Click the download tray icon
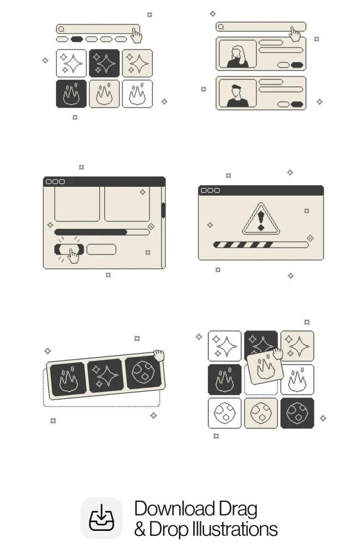101,518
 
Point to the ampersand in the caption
140,530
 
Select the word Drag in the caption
238,510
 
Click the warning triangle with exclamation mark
261,219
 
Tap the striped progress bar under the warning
260,245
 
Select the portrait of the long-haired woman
237,54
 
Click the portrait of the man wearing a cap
237,93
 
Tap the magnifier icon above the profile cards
221,27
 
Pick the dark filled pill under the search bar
76,39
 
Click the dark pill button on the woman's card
297,65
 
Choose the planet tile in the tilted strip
143,372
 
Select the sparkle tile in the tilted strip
105,375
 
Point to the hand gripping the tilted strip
159,355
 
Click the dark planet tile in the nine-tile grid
297,413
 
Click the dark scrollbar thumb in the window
163,210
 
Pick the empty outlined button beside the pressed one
101,249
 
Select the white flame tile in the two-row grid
137,94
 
